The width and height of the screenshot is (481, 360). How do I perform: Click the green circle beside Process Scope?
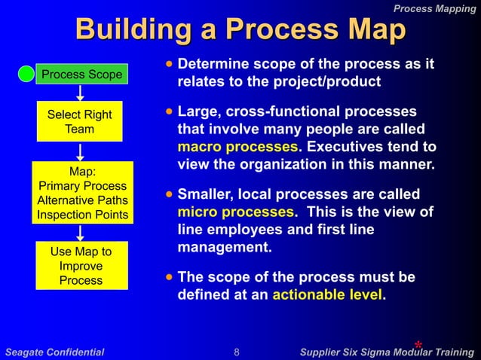tap(26, 74)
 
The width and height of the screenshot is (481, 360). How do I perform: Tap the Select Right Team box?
tap(79, 121)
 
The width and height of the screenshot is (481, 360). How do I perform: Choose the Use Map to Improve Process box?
tap(81, 266)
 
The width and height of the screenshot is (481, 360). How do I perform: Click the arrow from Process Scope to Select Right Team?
tap(79, 93)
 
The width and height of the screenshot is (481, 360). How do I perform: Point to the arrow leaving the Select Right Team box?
tap(79, 151)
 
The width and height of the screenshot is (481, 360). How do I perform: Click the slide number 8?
tap(237, 352)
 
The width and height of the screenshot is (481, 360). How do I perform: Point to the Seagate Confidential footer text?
tap(54, 352)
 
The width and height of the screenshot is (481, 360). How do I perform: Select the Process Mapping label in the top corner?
tap(435, 8)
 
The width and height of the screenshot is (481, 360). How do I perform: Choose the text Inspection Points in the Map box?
tap(83, 215)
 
